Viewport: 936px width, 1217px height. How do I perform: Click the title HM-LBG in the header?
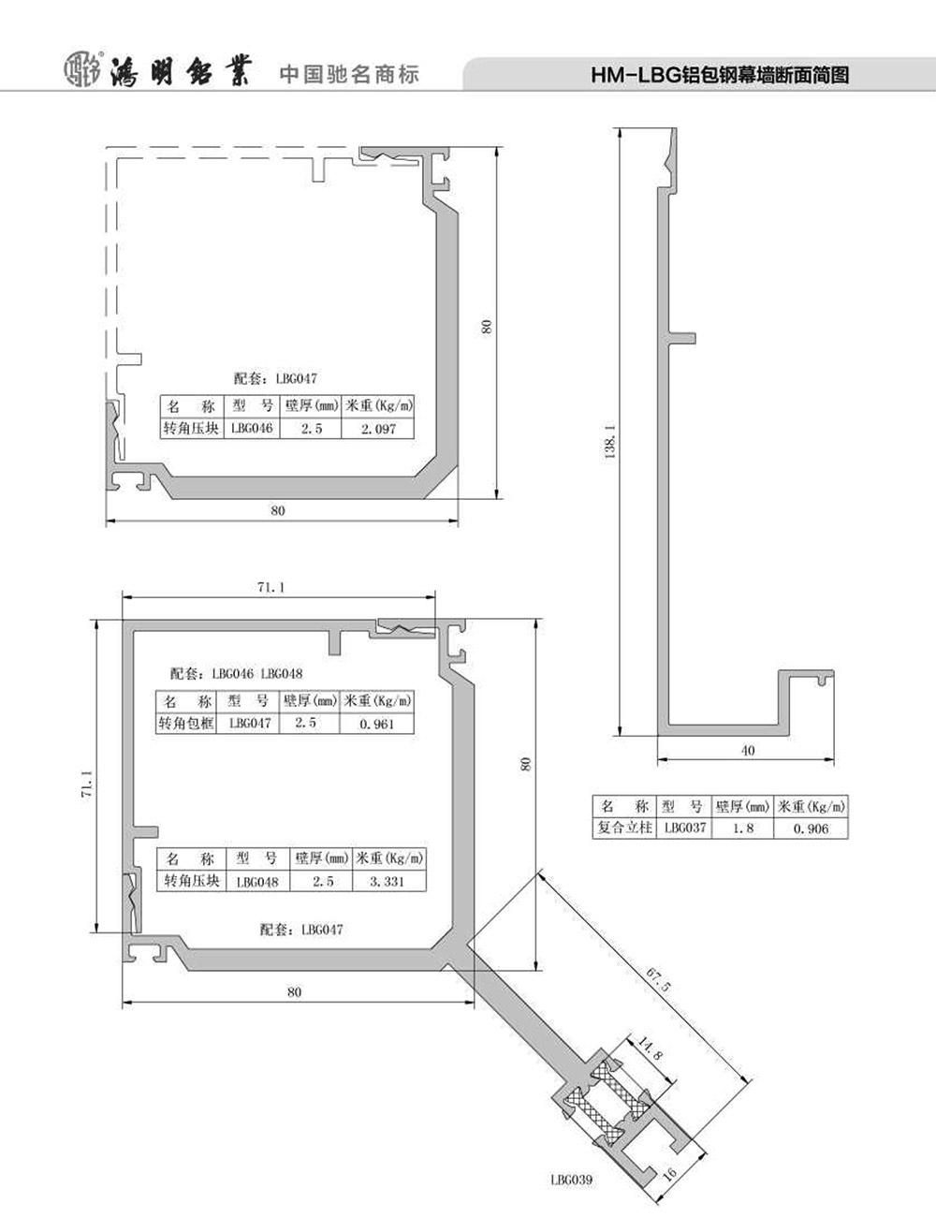click(635, 75)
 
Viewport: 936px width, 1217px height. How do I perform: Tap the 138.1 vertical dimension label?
click(609, 441)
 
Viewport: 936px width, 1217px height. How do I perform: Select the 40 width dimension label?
click(747, 750)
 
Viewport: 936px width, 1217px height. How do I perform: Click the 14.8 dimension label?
click(650, 1048)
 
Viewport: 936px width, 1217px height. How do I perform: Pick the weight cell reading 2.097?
click(378, 429)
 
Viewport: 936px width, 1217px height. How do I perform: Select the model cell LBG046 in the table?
click(252, 429)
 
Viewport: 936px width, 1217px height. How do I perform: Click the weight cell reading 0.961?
click(377, 725)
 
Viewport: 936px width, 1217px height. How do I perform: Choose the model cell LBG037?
click(685, 828)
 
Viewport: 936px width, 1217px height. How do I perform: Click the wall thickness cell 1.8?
click(743, 828)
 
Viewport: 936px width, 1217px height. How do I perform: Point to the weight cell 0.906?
click(811, 828)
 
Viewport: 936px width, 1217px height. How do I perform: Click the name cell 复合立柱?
click(624, 828)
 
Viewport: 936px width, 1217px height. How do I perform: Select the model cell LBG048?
click(257, 882)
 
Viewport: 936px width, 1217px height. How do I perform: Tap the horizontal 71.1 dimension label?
click(271, 587)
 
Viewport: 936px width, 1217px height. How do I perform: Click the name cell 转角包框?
click(186, 724)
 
